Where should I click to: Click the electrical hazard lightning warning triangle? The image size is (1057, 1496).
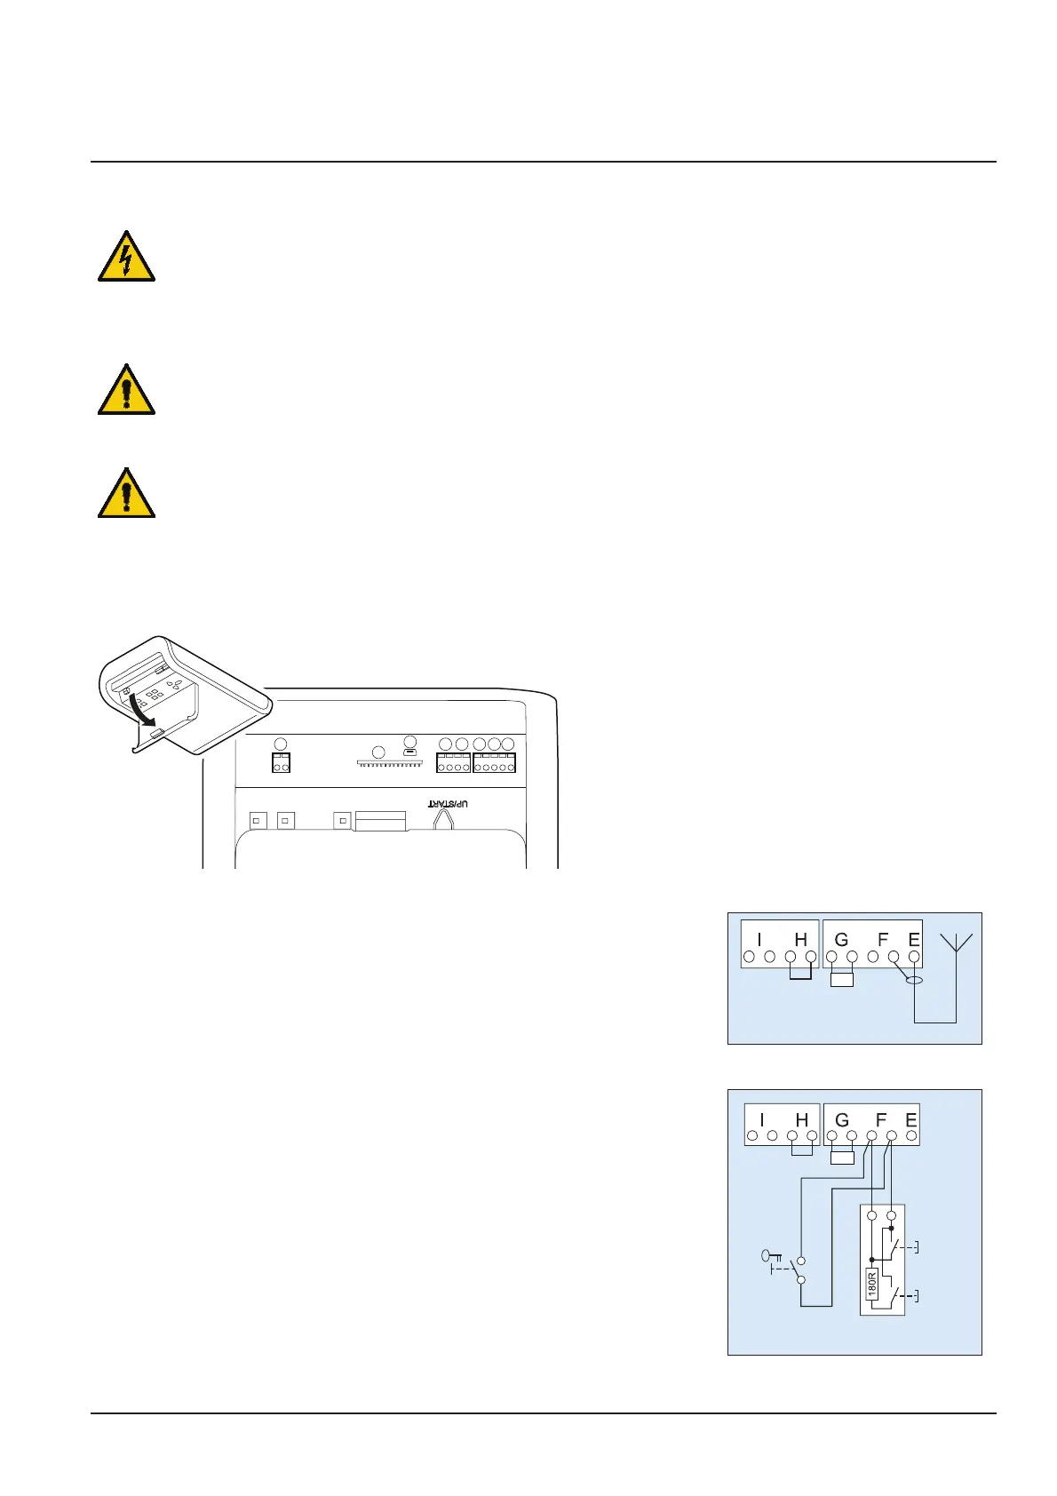(x=126, y=258)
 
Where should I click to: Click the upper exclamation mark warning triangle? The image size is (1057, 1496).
(x=126, y=391)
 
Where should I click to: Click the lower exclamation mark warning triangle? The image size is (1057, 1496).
(x=126, y=494)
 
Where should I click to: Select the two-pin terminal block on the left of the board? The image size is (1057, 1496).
(x=281, y=763)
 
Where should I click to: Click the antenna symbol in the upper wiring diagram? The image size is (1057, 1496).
(x=956, y=943)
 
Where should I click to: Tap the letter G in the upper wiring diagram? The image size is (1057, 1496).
(x=841, y=939)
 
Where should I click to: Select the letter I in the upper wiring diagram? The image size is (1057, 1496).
(x=759, y=939)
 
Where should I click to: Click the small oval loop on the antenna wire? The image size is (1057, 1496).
(x=912, y=980)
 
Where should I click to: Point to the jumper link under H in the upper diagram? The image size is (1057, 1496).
(x=800, y=975)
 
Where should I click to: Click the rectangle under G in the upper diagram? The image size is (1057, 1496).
(x=841, y=980)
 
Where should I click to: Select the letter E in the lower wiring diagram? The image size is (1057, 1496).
(x=910, y=1120)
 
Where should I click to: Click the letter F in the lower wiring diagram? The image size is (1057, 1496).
(x=881, y=1120)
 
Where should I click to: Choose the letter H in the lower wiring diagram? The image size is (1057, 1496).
(x=802, y=1120)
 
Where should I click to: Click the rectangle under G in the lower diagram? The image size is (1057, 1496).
(x=841, y=1158)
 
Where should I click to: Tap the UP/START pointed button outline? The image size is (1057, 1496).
(x=443, y=819)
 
